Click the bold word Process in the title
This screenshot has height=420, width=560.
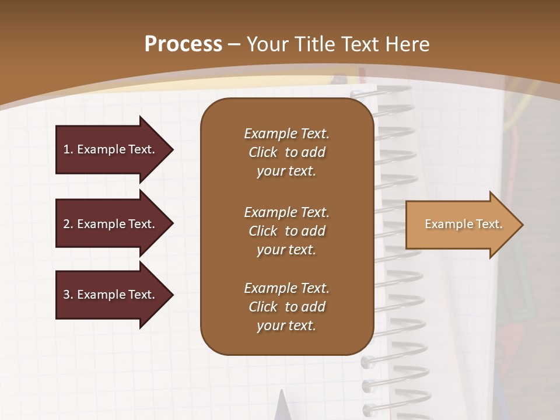click(183, 44)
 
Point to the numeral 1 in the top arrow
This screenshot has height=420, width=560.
click(66, 149)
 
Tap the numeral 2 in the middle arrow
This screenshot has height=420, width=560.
click(66, 224)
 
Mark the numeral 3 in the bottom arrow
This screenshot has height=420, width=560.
click(66, 295)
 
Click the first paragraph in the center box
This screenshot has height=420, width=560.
click(286, 152)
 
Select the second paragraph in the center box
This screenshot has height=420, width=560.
click(286, 231)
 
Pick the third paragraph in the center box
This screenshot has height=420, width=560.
click(286, 307)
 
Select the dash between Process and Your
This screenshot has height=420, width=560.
click(235, 44)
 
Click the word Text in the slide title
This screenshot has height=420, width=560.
click(360, 44)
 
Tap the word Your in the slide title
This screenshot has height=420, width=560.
click(265, 44)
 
